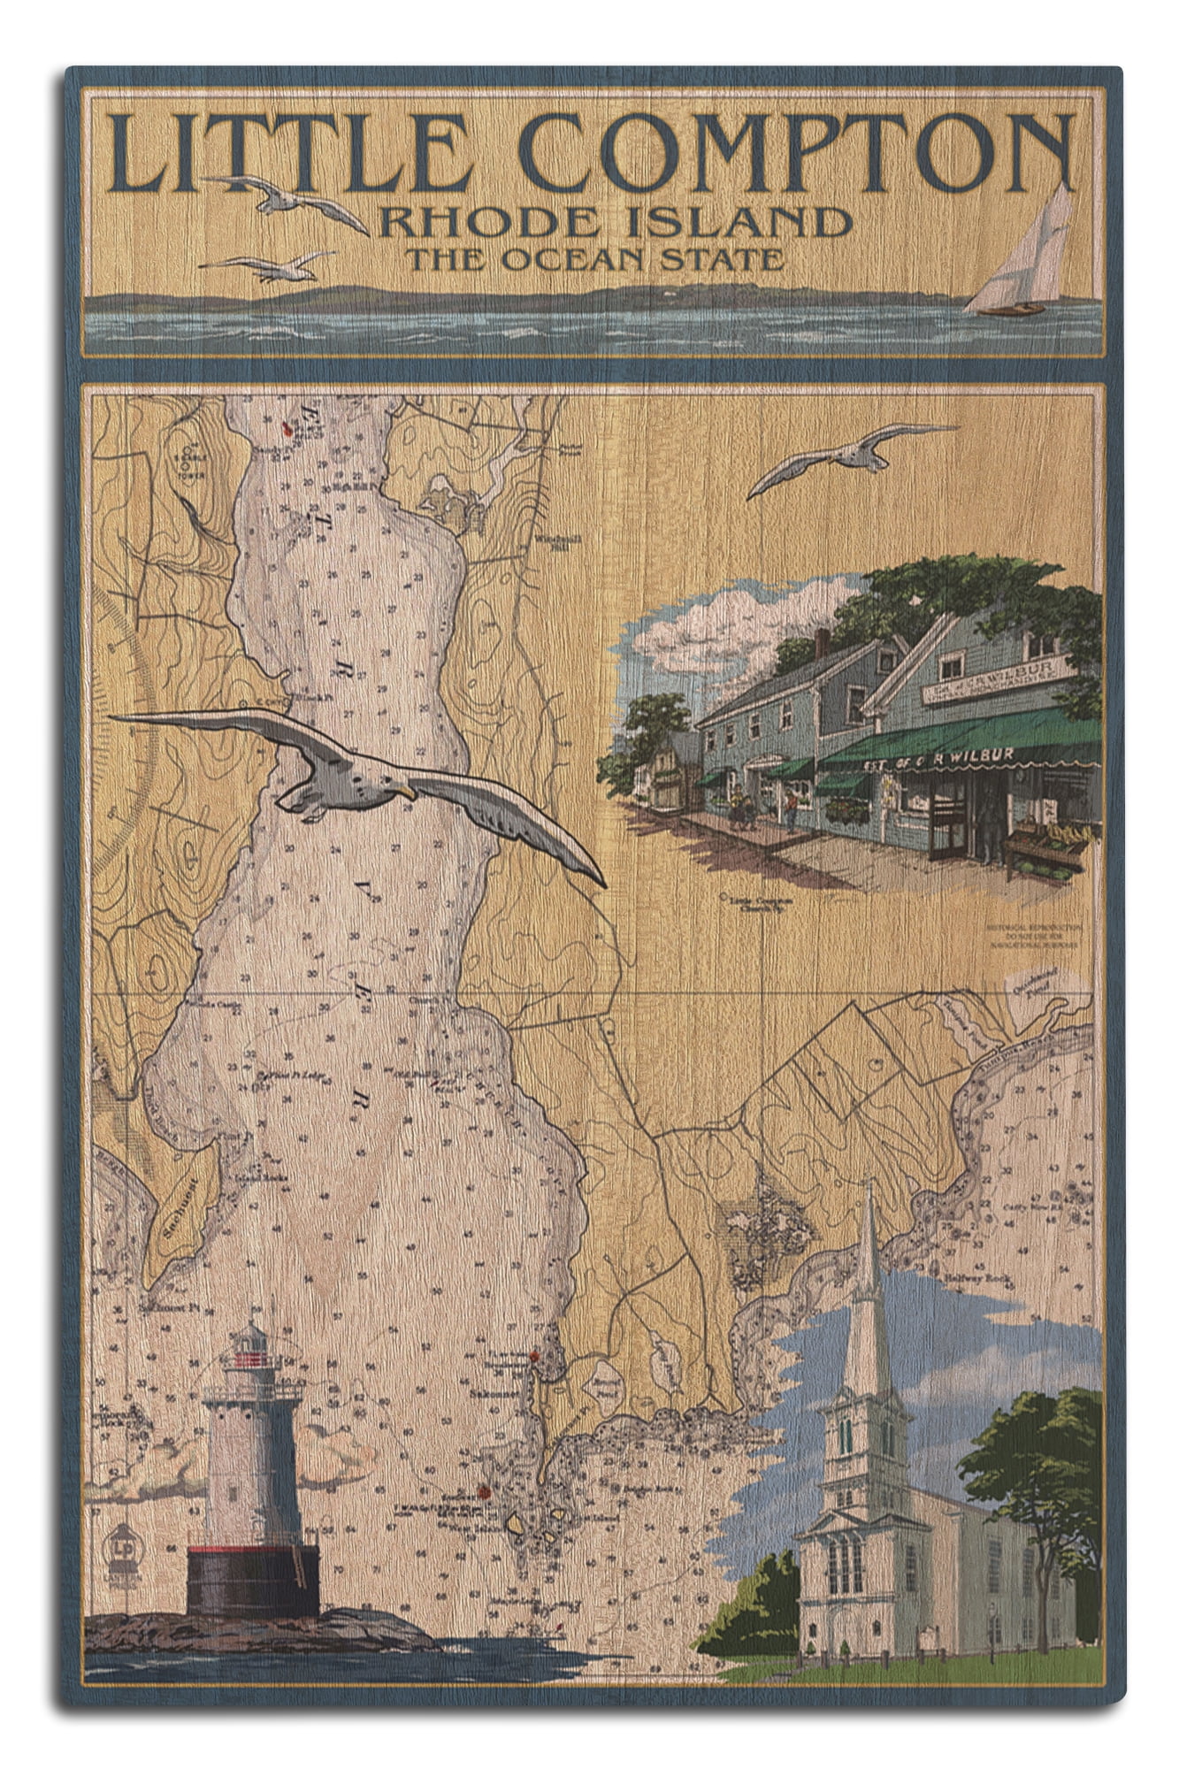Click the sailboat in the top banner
tap(1026, 257)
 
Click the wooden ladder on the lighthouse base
tap(299, 1566)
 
